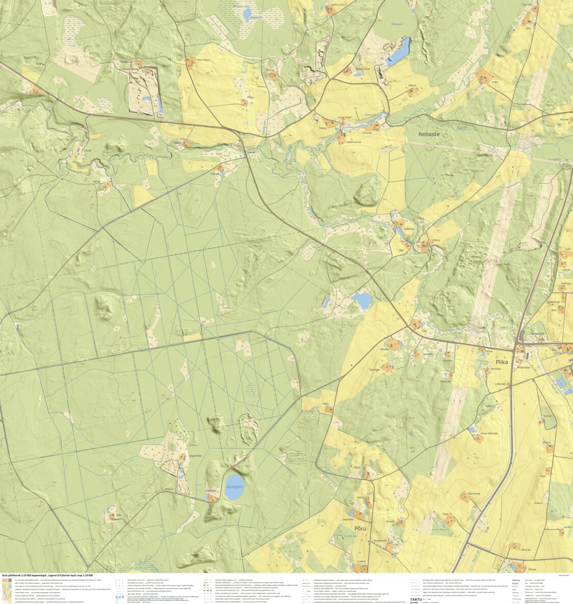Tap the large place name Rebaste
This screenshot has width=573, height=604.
429,134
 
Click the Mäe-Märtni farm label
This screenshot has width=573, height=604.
204,60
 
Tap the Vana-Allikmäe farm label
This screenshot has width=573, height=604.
489,433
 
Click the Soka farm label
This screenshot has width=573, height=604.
494,81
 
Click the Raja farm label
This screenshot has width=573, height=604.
445,514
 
